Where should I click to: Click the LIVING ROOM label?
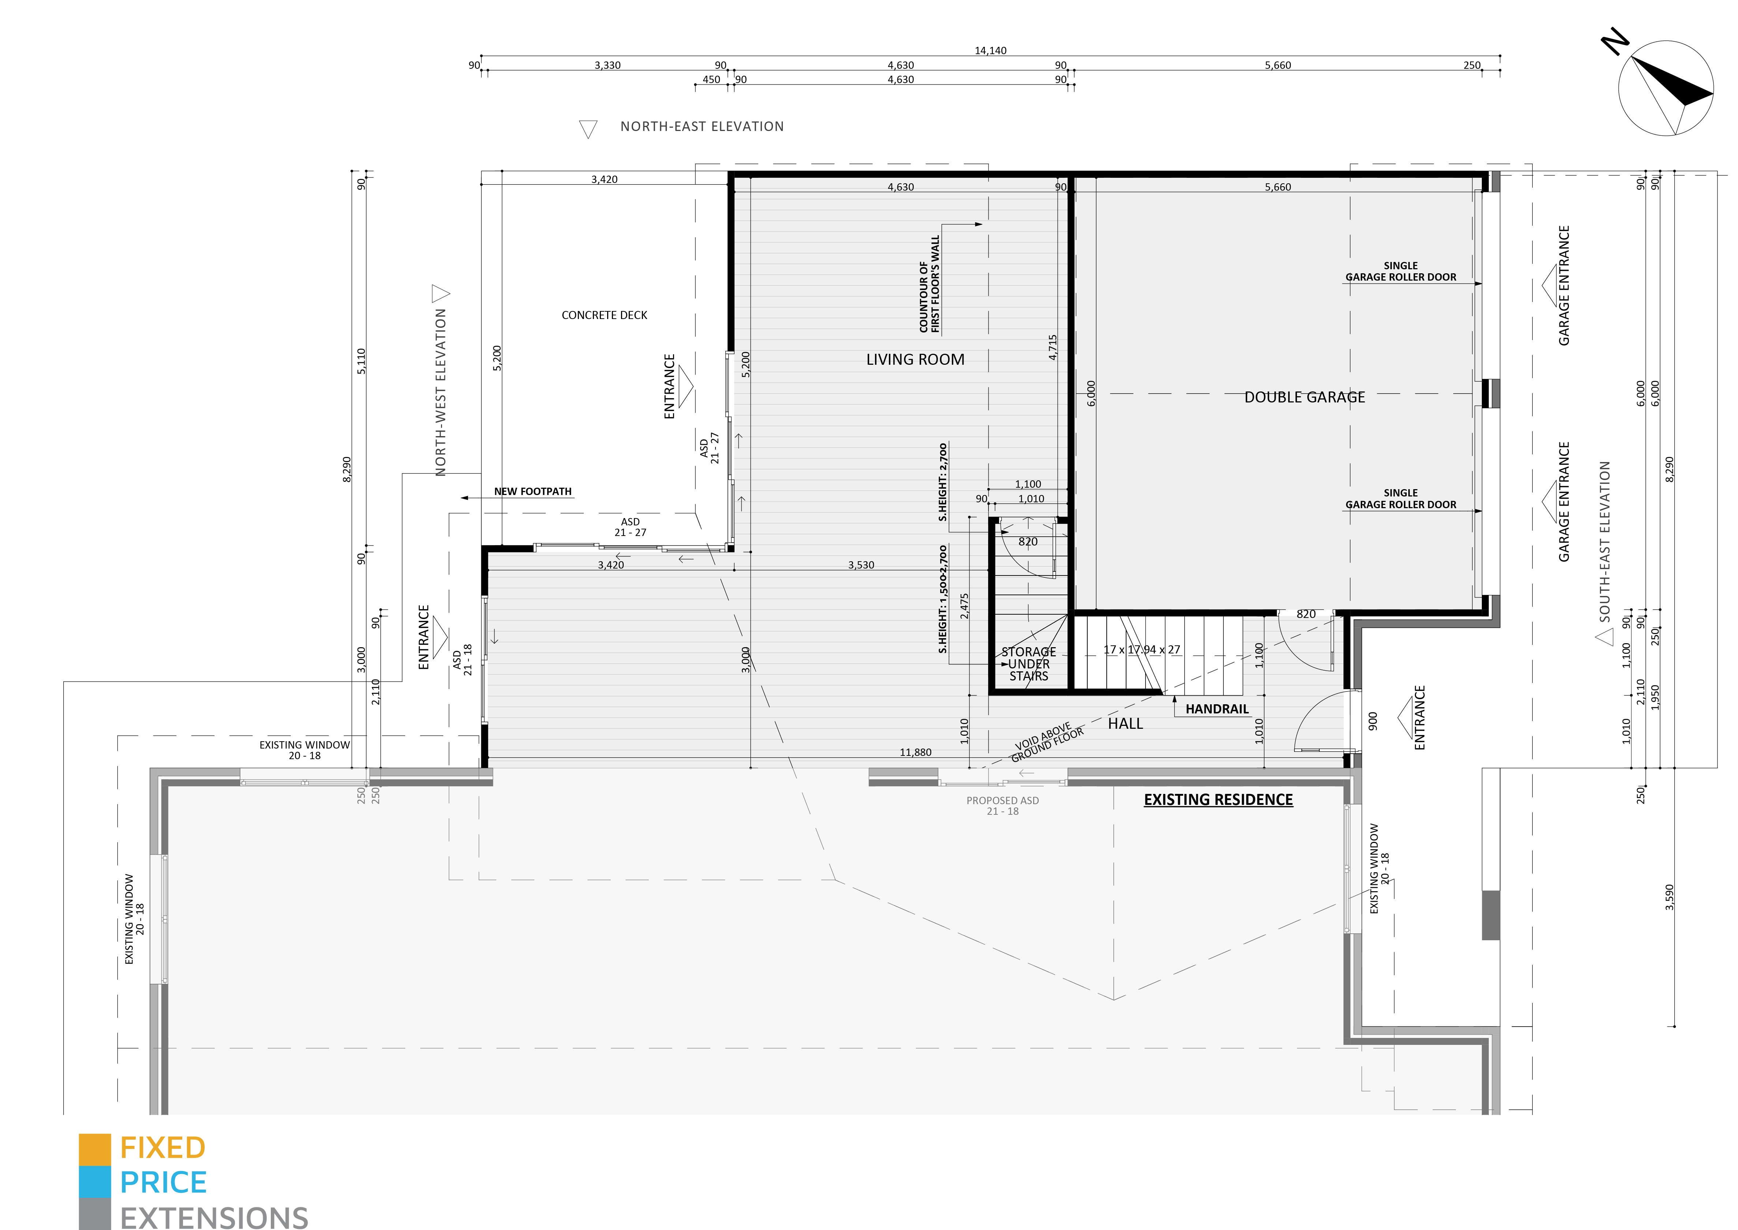coord(915,360)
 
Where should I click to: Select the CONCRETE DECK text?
coord(605,315)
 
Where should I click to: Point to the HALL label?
coord(1125,724)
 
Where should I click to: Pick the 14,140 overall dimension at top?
coord(990,51)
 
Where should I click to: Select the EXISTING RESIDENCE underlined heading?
coord(1218,800)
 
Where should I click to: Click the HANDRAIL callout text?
coord(1217,709)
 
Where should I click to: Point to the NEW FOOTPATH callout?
coord(532,492)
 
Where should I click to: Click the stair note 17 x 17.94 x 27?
coord(1142,650)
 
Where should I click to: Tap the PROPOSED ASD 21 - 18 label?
coord(1002,806)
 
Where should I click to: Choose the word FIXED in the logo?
coord(163,1148)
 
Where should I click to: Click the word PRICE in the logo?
coord(164,1182)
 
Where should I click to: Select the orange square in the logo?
coord(95,1150)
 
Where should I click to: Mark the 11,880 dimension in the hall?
coord(915,752)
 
